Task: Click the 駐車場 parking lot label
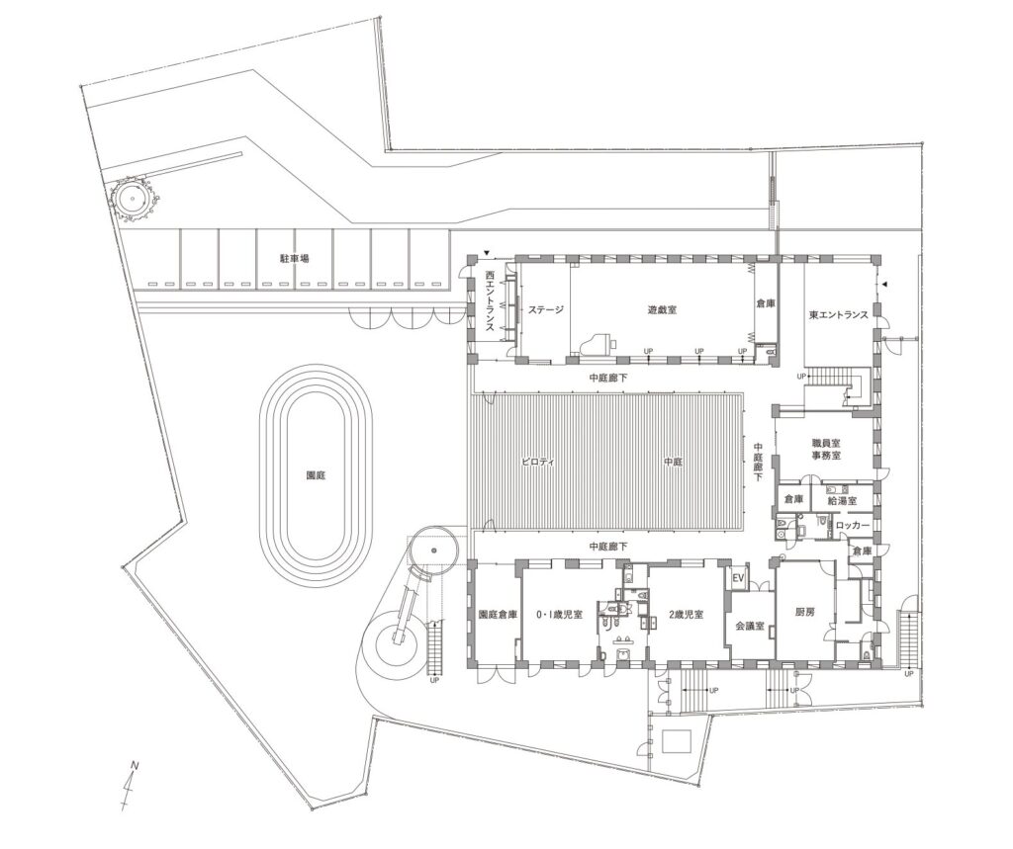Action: pyautogui.click(x=294, y=257)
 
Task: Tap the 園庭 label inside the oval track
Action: pyautogui.click(x=317, y=474)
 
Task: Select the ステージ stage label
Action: pyautogui.click(x=545, y=309)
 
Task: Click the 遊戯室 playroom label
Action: pyautogui.click(x=662, y=309)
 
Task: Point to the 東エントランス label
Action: pyautogui.click(x=838, y=315)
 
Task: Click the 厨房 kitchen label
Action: pyautogui.click(x=804, y=613)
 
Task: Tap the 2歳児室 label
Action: pyautogui.click(x=685, y=613)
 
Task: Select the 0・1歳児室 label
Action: pyautogui.click(x=559, y=613)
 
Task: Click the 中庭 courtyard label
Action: pyautogui.click(x=674, y=461)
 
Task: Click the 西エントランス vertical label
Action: pyautogui.click(x=490, y=297)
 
